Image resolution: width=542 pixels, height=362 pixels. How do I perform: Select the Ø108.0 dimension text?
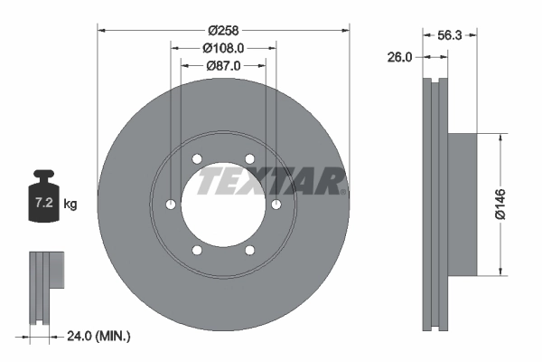pyautogui.click(x=222, y=47)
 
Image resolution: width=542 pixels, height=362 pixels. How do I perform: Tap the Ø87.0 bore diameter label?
pyautogui.click(x=222, y=65)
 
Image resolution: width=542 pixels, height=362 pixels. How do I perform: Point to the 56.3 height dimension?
pyautogui.click(x=449, y=37)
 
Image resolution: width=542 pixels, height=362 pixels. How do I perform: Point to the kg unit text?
pyautogui.click(x=70, y=205)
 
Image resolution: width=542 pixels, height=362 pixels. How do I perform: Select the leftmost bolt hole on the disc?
pyautogui.click(x=171, y=205)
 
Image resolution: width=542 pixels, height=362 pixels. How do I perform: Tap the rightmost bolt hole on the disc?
pyautogui.click(x=275, y=205)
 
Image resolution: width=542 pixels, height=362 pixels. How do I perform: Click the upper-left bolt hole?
pyautogui.click(x=197, y=160)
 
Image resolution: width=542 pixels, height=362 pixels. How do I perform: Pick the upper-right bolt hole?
pyautogui.click(x=248, y=160)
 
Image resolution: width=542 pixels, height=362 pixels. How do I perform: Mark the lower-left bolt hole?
pyautogui.click(x=197, y=250)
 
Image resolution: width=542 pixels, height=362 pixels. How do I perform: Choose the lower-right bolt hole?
pyautogui.click(x=248, y=250)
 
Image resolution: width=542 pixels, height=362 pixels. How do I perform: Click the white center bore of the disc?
pyautogui.click(x=222, y=206)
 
